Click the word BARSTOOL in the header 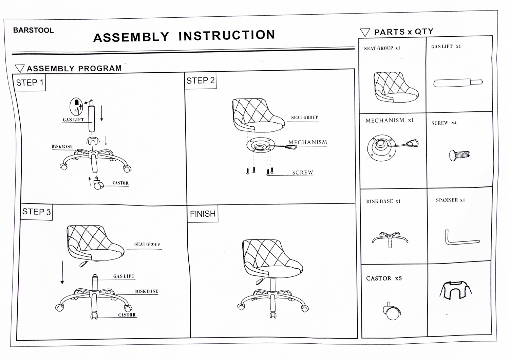coord(33,30)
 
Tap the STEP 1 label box coord(30,83)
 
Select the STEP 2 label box coord(200,80)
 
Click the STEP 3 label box coord(36,212)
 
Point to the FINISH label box coord(203,214)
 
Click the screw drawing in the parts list coord(459,155)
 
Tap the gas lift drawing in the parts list coord(458,83)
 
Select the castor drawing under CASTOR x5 coord(392,311)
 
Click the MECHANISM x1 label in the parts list coord(389,121)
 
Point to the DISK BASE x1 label coord(383,201)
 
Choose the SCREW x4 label coord(444,123)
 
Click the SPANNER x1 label coord(450,200)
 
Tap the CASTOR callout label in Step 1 coord(120,183)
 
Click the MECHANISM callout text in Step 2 coord(307,142)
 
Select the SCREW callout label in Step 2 coord(302,173)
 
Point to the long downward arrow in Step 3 coord(62,272)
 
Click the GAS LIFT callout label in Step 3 coord(124,276)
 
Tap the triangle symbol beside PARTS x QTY coord(365,33)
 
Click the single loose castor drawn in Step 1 coord(98,184)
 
